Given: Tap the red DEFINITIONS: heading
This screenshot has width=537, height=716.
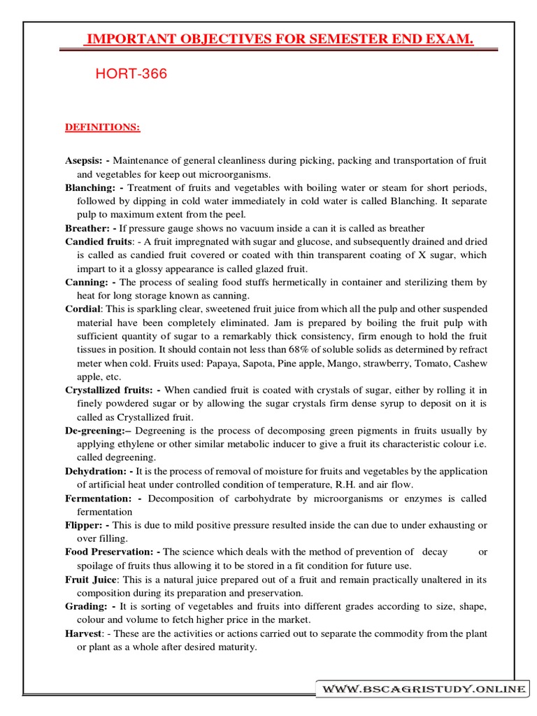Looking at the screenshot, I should click(102, 127).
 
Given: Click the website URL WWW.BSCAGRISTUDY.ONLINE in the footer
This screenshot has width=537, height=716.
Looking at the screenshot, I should click(423, 689).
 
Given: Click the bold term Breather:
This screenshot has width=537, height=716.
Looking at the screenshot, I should click(89, 228).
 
